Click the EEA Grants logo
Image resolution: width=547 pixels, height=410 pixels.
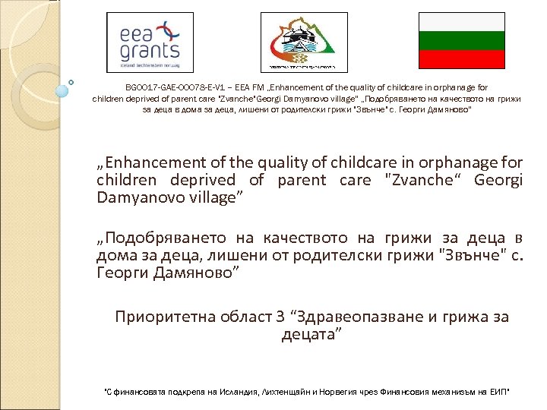click(150, 43)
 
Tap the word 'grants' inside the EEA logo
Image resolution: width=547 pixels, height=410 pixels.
click(149, 52)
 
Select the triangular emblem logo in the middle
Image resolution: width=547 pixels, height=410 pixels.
click(304, 43)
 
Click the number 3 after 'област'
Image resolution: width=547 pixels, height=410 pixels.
click(283, 317)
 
